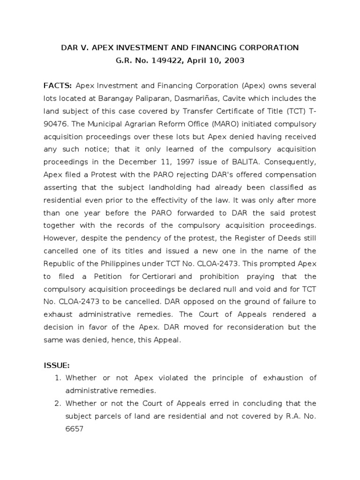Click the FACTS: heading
(x=57, y=86)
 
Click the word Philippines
(x=106, y=263)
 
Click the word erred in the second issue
(x=202, y=403)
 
